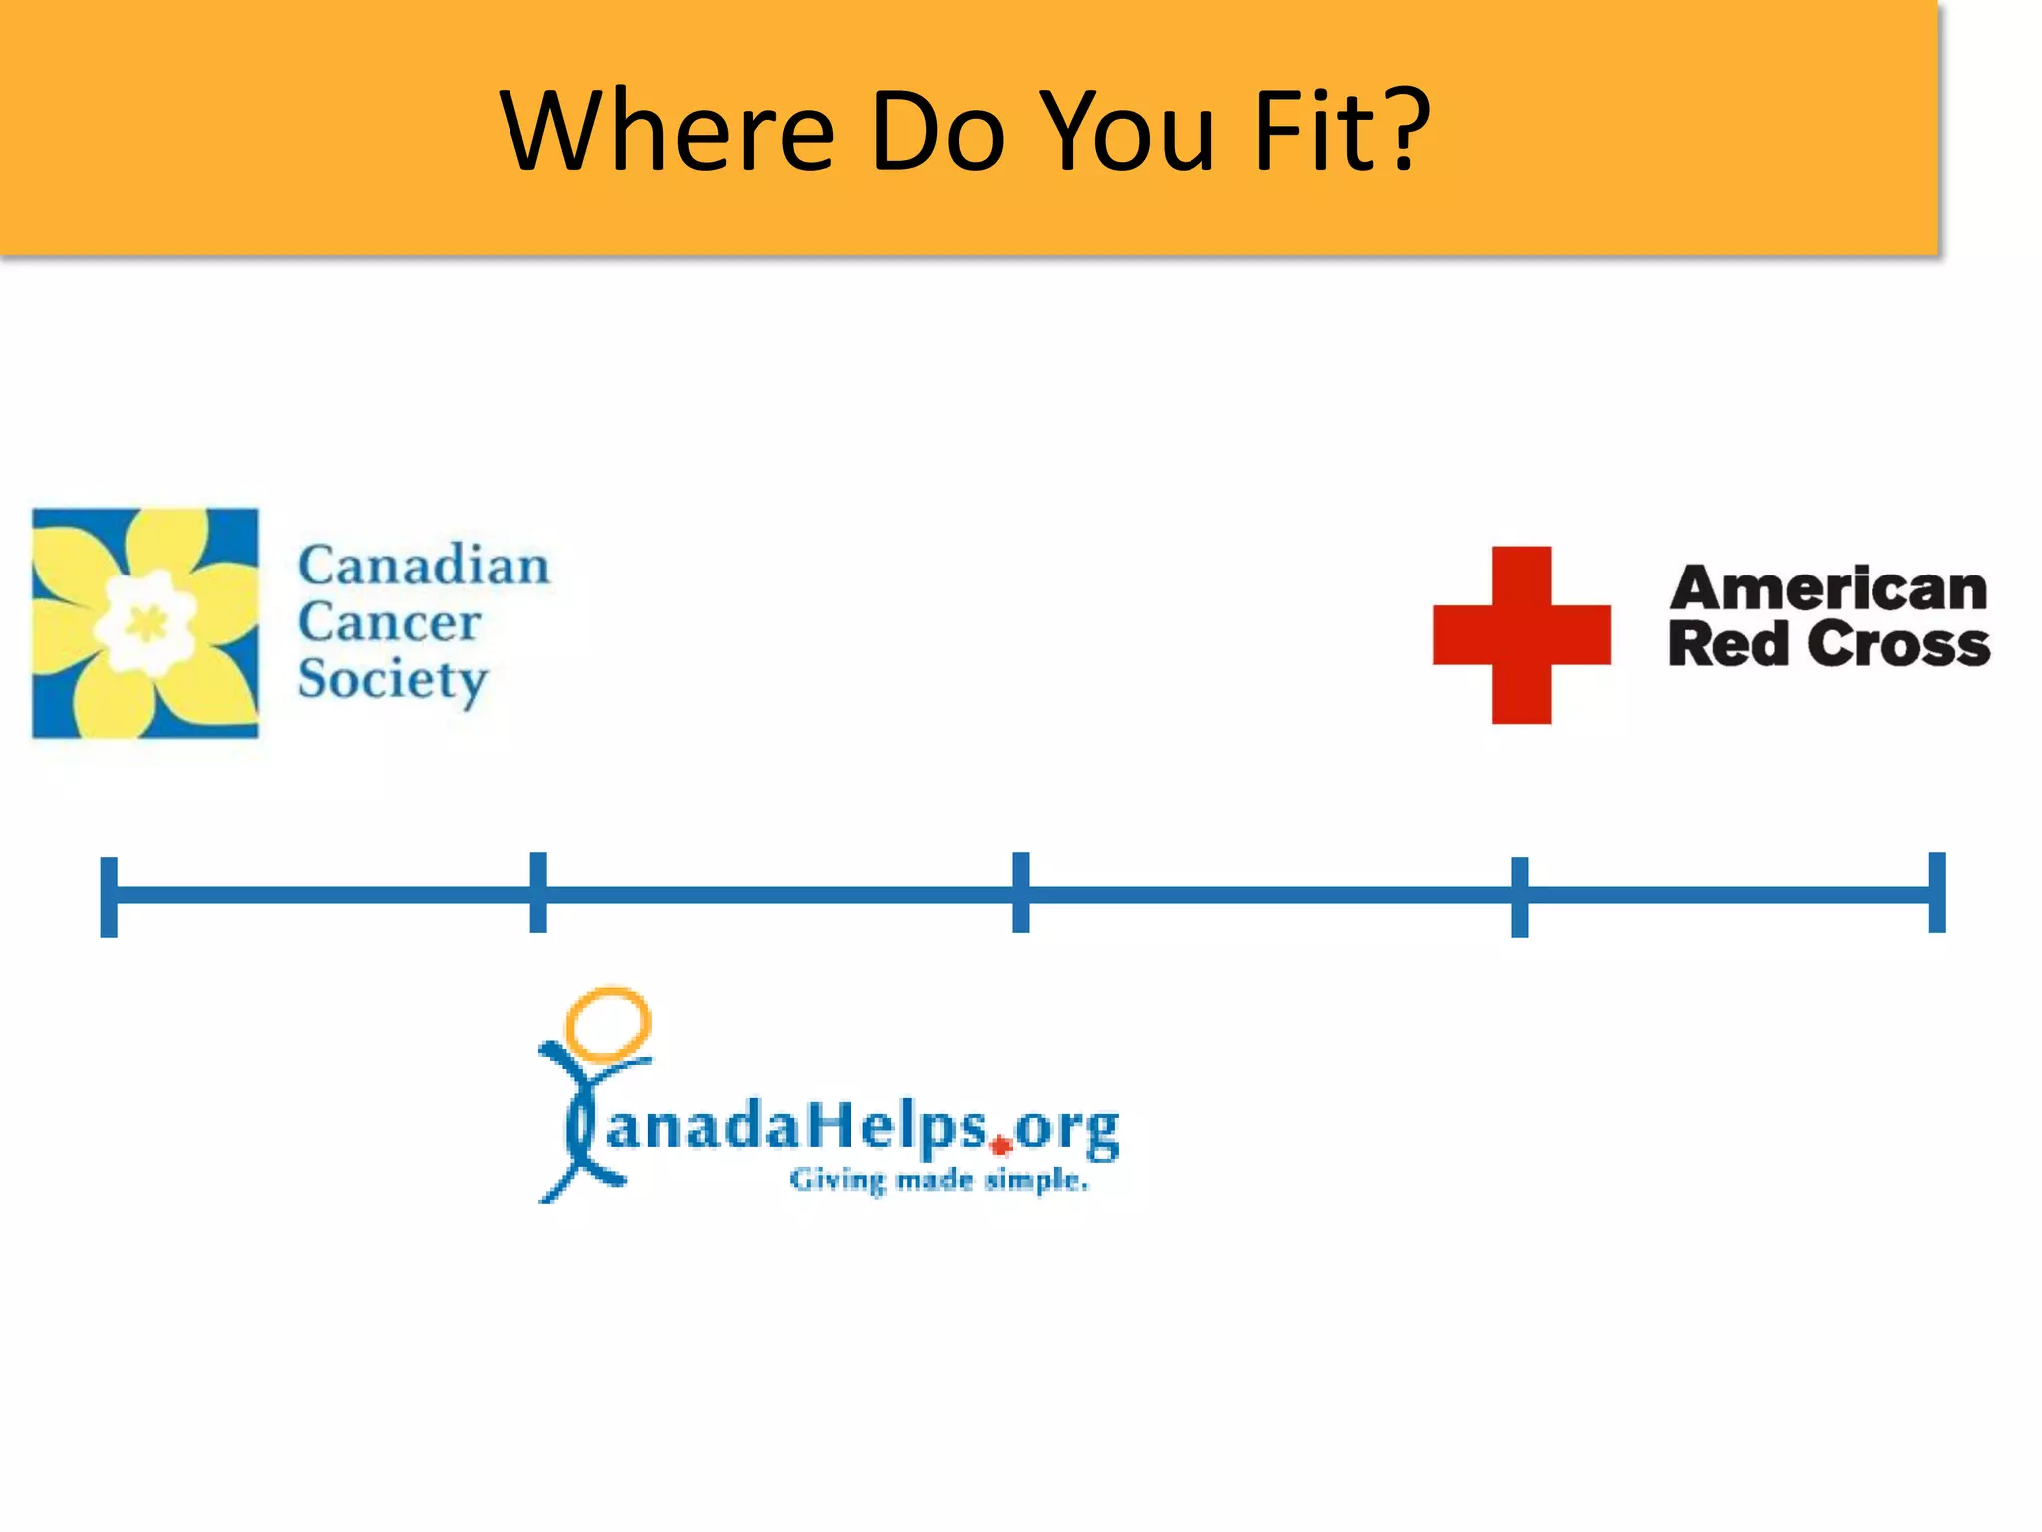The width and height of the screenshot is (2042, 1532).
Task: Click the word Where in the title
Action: tap(666, 131)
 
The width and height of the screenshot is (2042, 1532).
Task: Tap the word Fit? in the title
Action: tap(1342, 131)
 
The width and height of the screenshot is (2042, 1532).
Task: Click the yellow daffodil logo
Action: tap(146, 623)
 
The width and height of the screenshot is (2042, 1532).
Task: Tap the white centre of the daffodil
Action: tap(147, 623)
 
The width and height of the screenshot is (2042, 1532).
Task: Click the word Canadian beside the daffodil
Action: tap(424, 566)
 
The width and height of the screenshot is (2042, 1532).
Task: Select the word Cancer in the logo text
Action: tap(389, 622)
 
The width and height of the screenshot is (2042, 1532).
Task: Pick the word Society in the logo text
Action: tap(393, 681)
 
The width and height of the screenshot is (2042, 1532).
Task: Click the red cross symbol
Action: tap(1522, 634)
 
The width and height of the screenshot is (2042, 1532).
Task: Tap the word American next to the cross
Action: tap(1829, 588)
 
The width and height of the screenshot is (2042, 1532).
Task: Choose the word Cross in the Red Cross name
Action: tap(1898, 644)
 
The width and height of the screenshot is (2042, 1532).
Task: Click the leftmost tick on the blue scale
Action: tap(109, 896)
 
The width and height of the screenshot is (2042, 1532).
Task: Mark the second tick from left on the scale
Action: tap(538, 892)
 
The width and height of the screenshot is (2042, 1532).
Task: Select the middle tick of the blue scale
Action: tap(1021, 892)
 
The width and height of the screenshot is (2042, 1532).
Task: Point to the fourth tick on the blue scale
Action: tap(1520, 896)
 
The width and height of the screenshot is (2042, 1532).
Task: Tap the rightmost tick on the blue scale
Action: tap(1937, 892)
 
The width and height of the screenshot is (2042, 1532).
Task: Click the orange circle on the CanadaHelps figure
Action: tap(608, 1023)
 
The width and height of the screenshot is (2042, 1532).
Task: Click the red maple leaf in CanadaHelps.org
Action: tap(1001, 1146)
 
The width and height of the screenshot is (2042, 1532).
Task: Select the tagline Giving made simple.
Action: tap(938, 1181)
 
